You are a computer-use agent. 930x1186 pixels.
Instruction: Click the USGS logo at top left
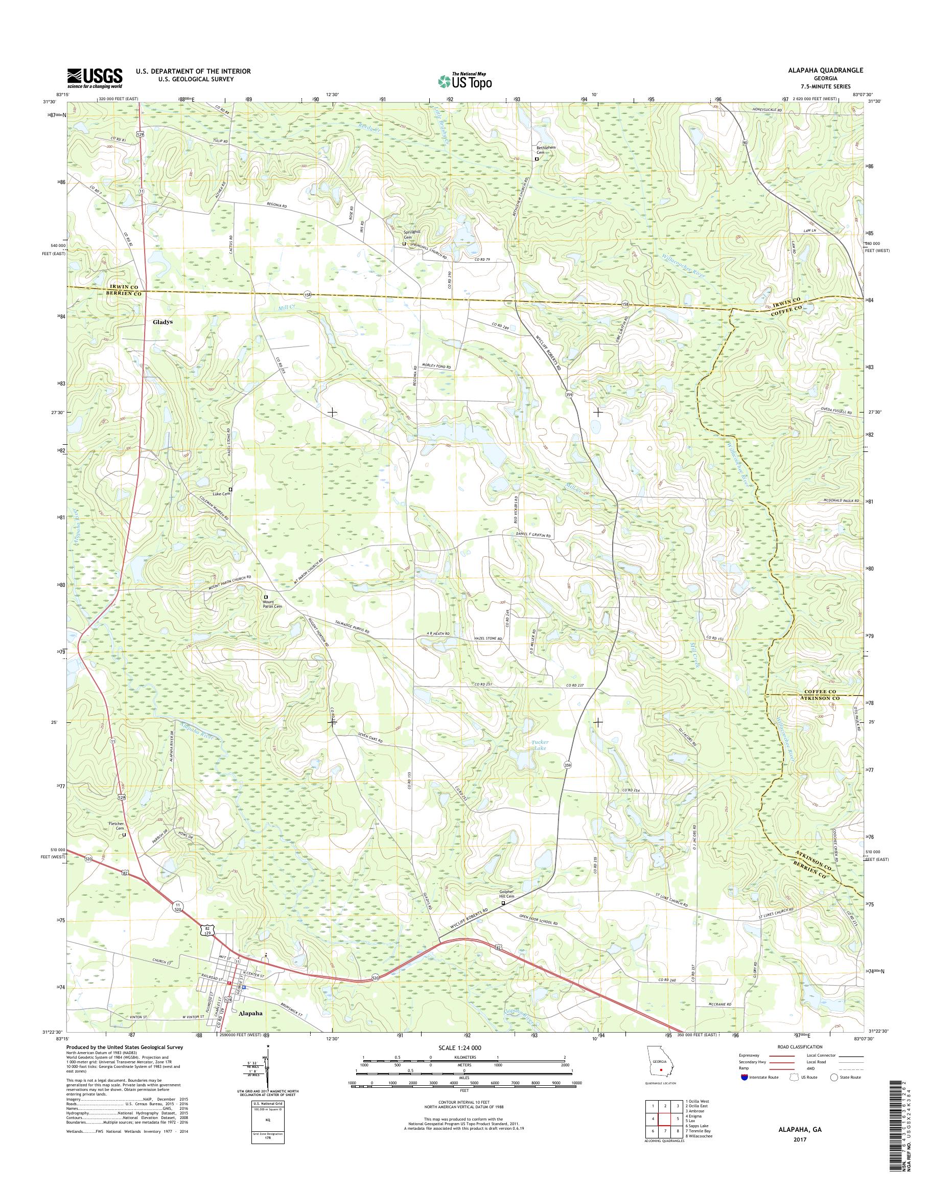coord(95,78)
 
